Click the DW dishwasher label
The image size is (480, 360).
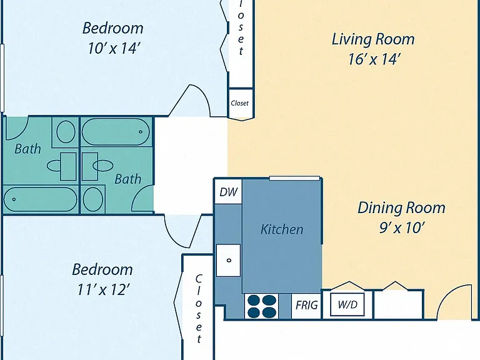(x=229, y=192)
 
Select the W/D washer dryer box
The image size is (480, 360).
(x=347, y=304)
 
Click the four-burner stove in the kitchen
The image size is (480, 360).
(x=261, y=306)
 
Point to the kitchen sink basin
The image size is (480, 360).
(x=228, y=260)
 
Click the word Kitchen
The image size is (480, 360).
(x=282, y=229)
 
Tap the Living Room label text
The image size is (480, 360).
(x=373, y=40)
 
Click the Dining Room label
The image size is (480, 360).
(x=401, y=208)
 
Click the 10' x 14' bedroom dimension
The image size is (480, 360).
(x=114, y=48)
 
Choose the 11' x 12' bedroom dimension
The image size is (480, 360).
(x=104, y=289)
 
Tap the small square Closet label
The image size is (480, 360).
(x=240, y=103)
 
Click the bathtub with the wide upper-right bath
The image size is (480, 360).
(x=116, y=132)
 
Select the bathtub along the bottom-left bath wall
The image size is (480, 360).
(x=41, y=199)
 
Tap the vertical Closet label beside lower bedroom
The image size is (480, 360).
(x=199, y=309)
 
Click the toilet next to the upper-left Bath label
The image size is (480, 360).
(x=66, y=132)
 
